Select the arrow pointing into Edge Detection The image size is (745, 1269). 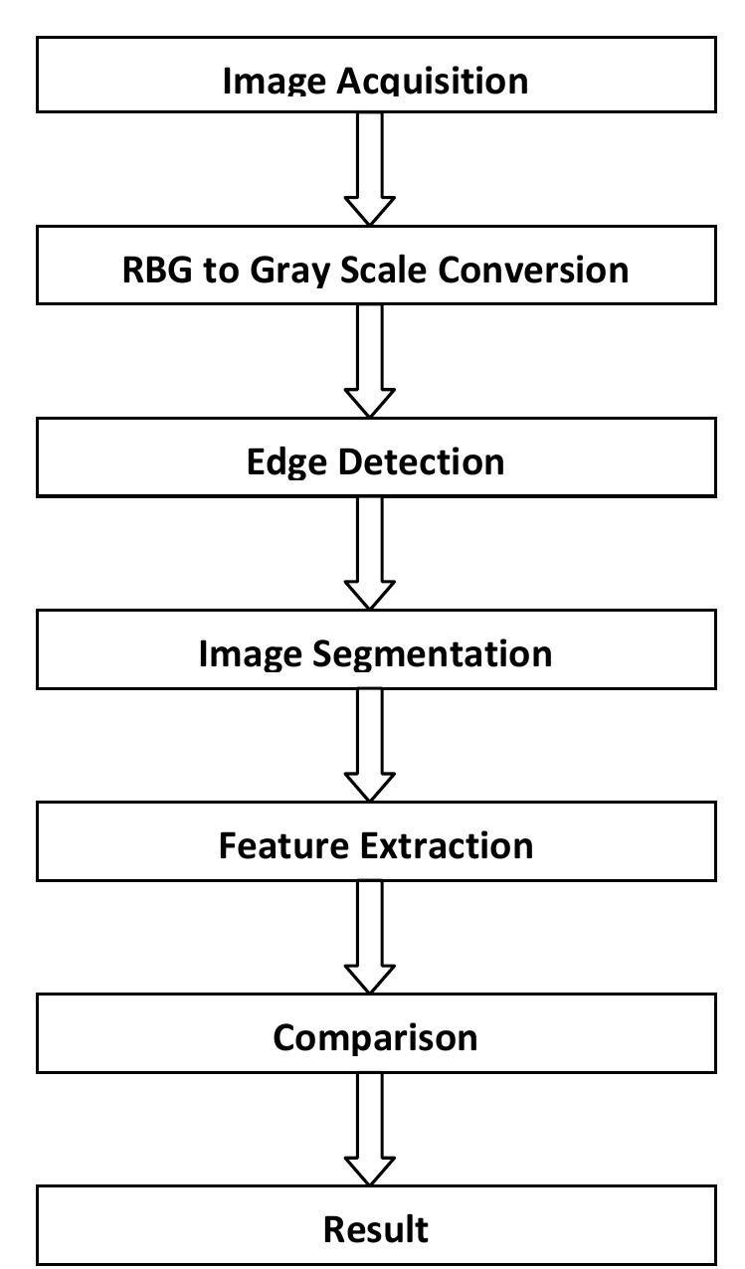click(x=370, y=359)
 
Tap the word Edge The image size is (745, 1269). click(x=288, y=462)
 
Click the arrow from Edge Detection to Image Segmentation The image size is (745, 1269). click(x=370, y=551)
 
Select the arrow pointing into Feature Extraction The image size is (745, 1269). click(x=370, y=743)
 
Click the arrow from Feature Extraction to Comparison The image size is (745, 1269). click(x=370, y=935)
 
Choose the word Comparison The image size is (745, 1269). click(x=376, y=1038)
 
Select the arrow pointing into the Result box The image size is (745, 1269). click(x=370, y=1128)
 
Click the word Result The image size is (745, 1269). click(x=376, y=1229)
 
